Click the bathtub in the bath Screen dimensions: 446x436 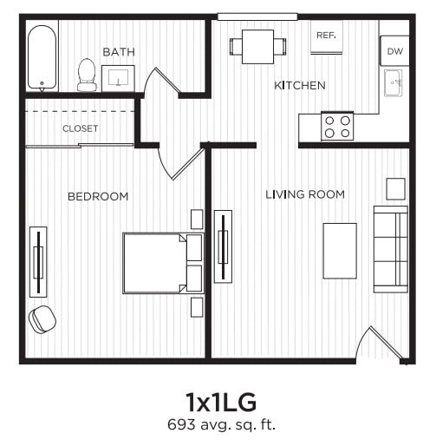click(x=41, y=57)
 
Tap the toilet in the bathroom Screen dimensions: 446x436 click(x=87, y=75)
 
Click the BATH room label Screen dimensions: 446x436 click(x=119, y=52)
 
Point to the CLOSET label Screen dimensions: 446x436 click(x=81, y=128)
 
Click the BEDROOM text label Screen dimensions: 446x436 click(x=98, y=197)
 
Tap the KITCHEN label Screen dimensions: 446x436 click(x=300, y=85)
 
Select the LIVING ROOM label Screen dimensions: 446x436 click(x=305, y=194)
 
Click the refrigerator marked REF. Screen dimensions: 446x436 click(x=327, y=37)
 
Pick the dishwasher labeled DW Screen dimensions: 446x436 click(x=394, y=51)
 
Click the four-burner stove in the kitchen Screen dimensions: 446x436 click(x=337, y=127)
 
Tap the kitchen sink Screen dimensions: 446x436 click(x=394, y=84)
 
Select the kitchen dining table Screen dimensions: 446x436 click(x=255, y=45)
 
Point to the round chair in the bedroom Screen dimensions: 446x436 click(x=42, y=319)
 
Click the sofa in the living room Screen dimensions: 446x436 click(x=390, y=248)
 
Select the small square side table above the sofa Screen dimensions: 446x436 click(x=395, y=188)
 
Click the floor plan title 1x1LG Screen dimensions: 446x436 click(x=221, y=402)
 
